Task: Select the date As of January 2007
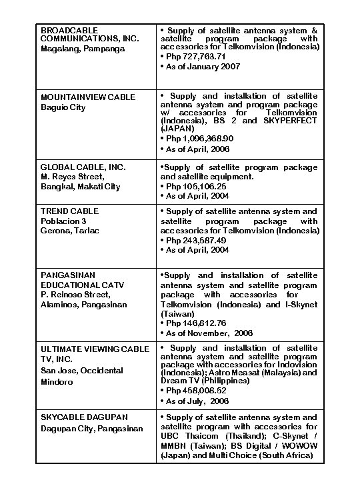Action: click(x=198, y=67)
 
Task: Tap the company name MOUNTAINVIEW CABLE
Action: click(x=88, y=97)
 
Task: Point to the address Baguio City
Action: click(x=63, y=107)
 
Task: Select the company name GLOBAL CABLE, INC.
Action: click(x=83, y=167)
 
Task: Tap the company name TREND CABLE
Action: click(x=69, y=211)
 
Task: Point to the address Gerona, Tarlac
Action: click(x=70, y=231)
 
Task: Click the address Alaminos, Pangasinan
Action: click(x=83, y=305)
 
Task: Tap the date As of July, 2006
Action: click(x=197, y=401)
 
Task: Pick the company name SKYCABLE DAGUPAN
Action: click(x=84, y=417)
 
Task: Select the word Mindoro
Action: click(x=58, y=381)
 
